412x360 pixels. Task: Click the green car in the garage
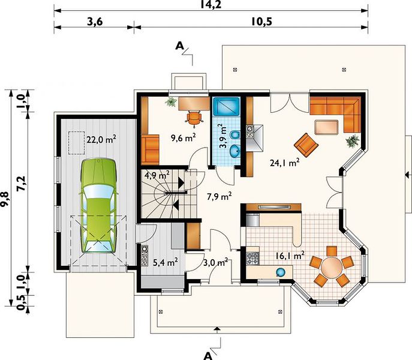[x=98, y=206]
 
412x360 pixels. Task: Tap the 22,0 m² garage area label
[x=101, y=139]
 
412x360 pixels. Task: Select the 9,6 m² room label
[x=184, y=137]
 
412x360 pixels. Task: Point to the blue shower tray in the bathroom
[x=226, y=107]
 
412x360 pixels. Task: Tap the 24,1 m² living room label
[x=285, y=163]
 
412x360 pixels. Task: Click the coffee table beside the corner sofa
[x=326, y=127]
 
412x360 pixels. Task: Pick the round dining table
[x=332, y=267]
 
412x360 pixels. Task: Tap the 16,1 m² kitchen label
[x=290, y=256]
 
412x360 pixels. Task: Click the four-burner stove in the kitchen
[x=252, y=258]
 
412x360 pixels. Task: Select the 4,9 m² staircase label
[x=157, y=175]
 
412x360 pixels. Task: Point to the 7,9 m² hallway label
[x=219, y=196]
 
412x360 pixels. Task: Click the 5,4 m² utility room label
[x=166, y=262]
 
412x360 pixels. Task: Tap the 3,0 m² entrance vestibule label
[x=215, y=262]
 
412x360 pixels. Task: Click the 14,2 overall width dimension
[x=210, y=4]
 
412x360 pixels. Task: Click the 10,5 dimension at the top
[x=261, y=22]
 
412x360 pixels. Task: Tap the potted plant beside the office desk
[x=171, y=102]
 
